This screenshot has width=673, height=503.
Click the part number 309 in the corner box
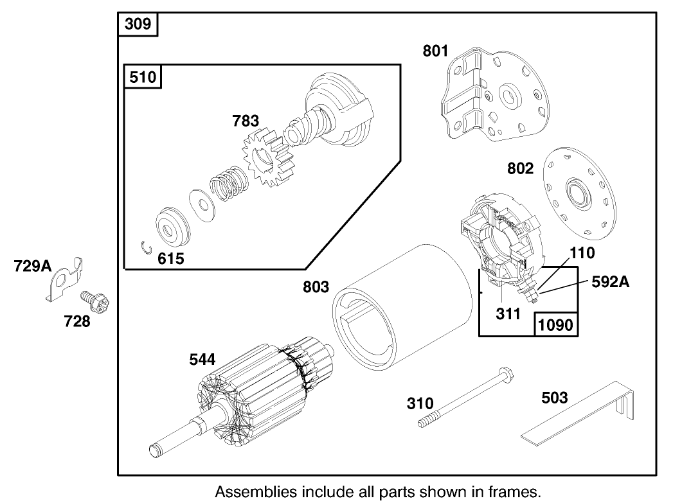pos(138,24)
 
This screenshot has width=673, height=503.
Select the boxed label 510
pos(142,78)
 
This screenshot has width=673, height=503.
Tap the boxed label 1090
pos(555,324)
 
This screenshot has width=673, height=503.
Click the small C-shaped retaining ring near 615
pos(147,247)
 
